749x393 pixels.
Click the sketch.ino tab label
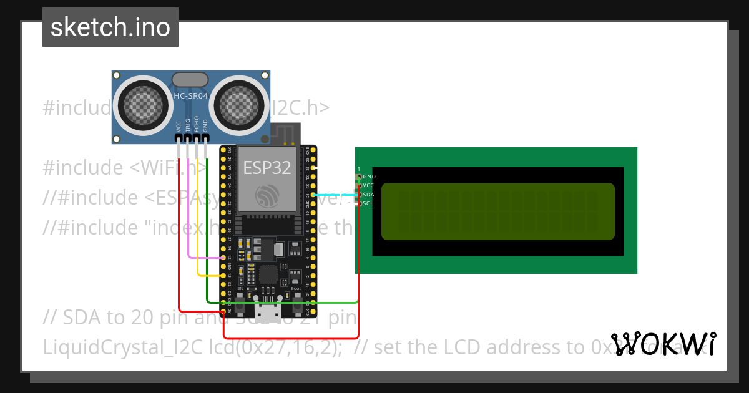[110, 27]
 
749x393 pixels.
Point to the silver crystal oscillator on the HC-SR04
[190, 79]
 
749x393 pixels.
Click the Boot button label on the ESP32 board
[296, 288]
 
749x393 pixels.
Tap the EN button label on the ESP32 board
[240, 288]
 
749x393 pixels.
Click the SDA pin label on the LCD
[368, 195]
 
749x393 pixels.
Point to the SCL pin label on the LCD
[368, 203]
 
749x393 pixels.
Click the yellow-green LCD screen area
[497, 211]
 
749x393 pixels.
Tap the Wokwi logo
[664, 344]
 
